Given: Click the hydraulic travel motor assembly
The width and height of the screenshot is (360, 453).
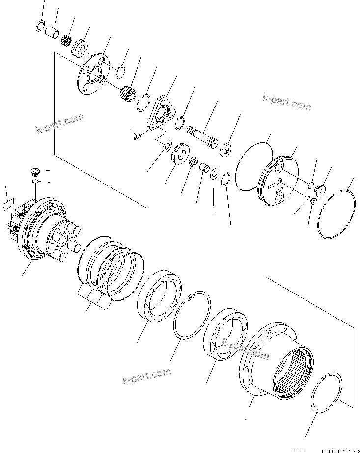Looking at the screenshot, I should point(42,225).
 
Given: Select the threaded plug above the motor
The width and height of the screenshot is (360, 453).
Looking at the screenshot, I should point(34,172).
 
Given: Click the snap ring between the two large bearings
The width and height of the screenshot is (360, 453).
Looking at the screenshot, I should point(192,315).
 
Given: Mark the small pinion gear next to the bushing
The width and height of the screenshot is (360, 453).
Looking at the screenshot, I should point(193,161).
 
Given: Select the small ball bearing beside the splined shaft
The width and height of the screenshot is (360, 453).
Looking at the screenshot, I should point(226,149).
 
